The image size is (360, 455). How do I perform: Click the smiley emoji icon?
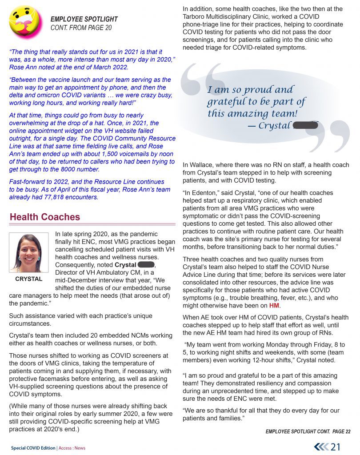(x=25, y=22)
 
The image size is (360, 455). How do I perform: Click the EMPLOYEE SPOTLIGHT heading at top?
(x=84, y=19)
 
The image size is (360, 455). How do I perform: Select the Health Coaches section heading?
(x=45, y=217)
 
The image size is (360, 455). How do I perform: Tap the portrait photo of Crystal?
(x=29, y=253)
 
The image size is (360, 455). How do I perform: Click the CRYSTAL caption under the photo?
(x=29, y=279)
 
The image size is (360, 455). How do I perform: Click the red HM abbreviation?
(x=275, y=306)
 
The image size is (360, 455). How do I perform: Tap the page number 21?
(x=336, y=447)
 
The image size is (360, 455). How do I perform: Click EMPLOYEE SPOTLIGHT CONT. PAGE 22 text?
(x=308, y=431)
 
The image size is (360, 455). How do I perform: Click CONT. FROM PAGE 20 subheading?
(x=81, y=28)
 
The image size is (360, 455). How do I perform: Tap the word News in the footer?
(x=80, y=448)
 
